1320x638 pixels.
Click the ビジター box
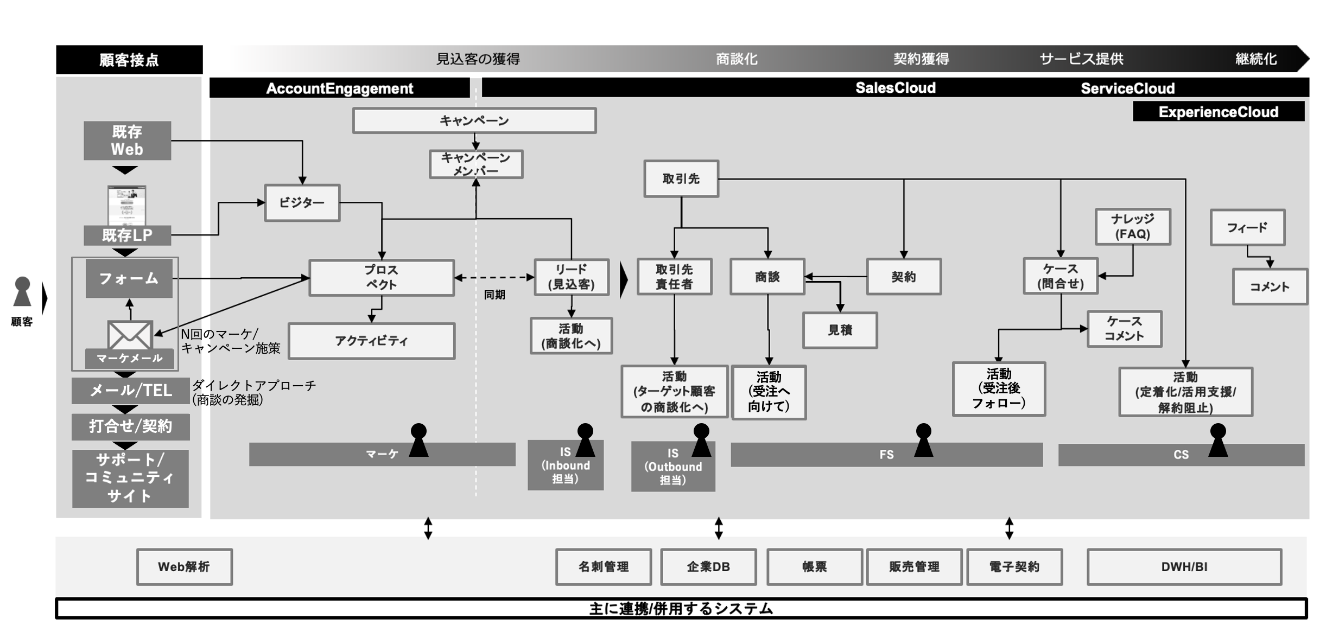coord(302,203)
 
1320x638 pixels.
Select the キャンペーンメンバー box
coord(476,164)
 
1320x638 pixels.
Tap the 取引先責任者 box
coord(674,277)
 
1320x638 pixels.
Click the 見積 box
coord(840,330)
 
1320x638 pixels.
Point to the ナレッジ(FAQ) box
coord(1133,226)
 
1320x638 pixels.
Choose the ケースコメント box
coord(1125,329)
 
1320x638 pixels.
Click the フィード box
coord(1248,227)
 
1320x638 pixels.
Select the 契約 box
coord(904,277)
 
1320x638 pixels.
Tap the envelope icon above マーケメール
coord(130,335)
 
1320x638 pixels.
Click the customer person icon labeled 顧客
coord(22,292)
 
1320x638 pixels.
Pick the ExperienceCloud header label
coord(1219,112)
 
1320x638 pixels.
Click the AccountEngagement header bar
coord(340,88)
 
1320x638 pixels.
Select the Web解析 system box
coord(185,567)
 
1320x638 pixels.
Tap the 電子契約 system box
coord(1014,567)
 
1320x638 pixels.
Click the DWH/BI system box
coord(1184,567)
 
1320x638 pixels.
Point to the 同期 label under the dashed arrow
coord(494,295)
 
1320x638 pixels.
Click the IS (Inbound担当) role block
coord(566,465)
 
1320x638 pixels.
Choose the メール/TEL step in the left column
coord(131,391)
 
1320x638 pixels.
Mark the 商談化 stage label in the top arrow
coord(737,59)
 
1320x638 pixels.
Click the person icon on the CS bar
coord(1218,440)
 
